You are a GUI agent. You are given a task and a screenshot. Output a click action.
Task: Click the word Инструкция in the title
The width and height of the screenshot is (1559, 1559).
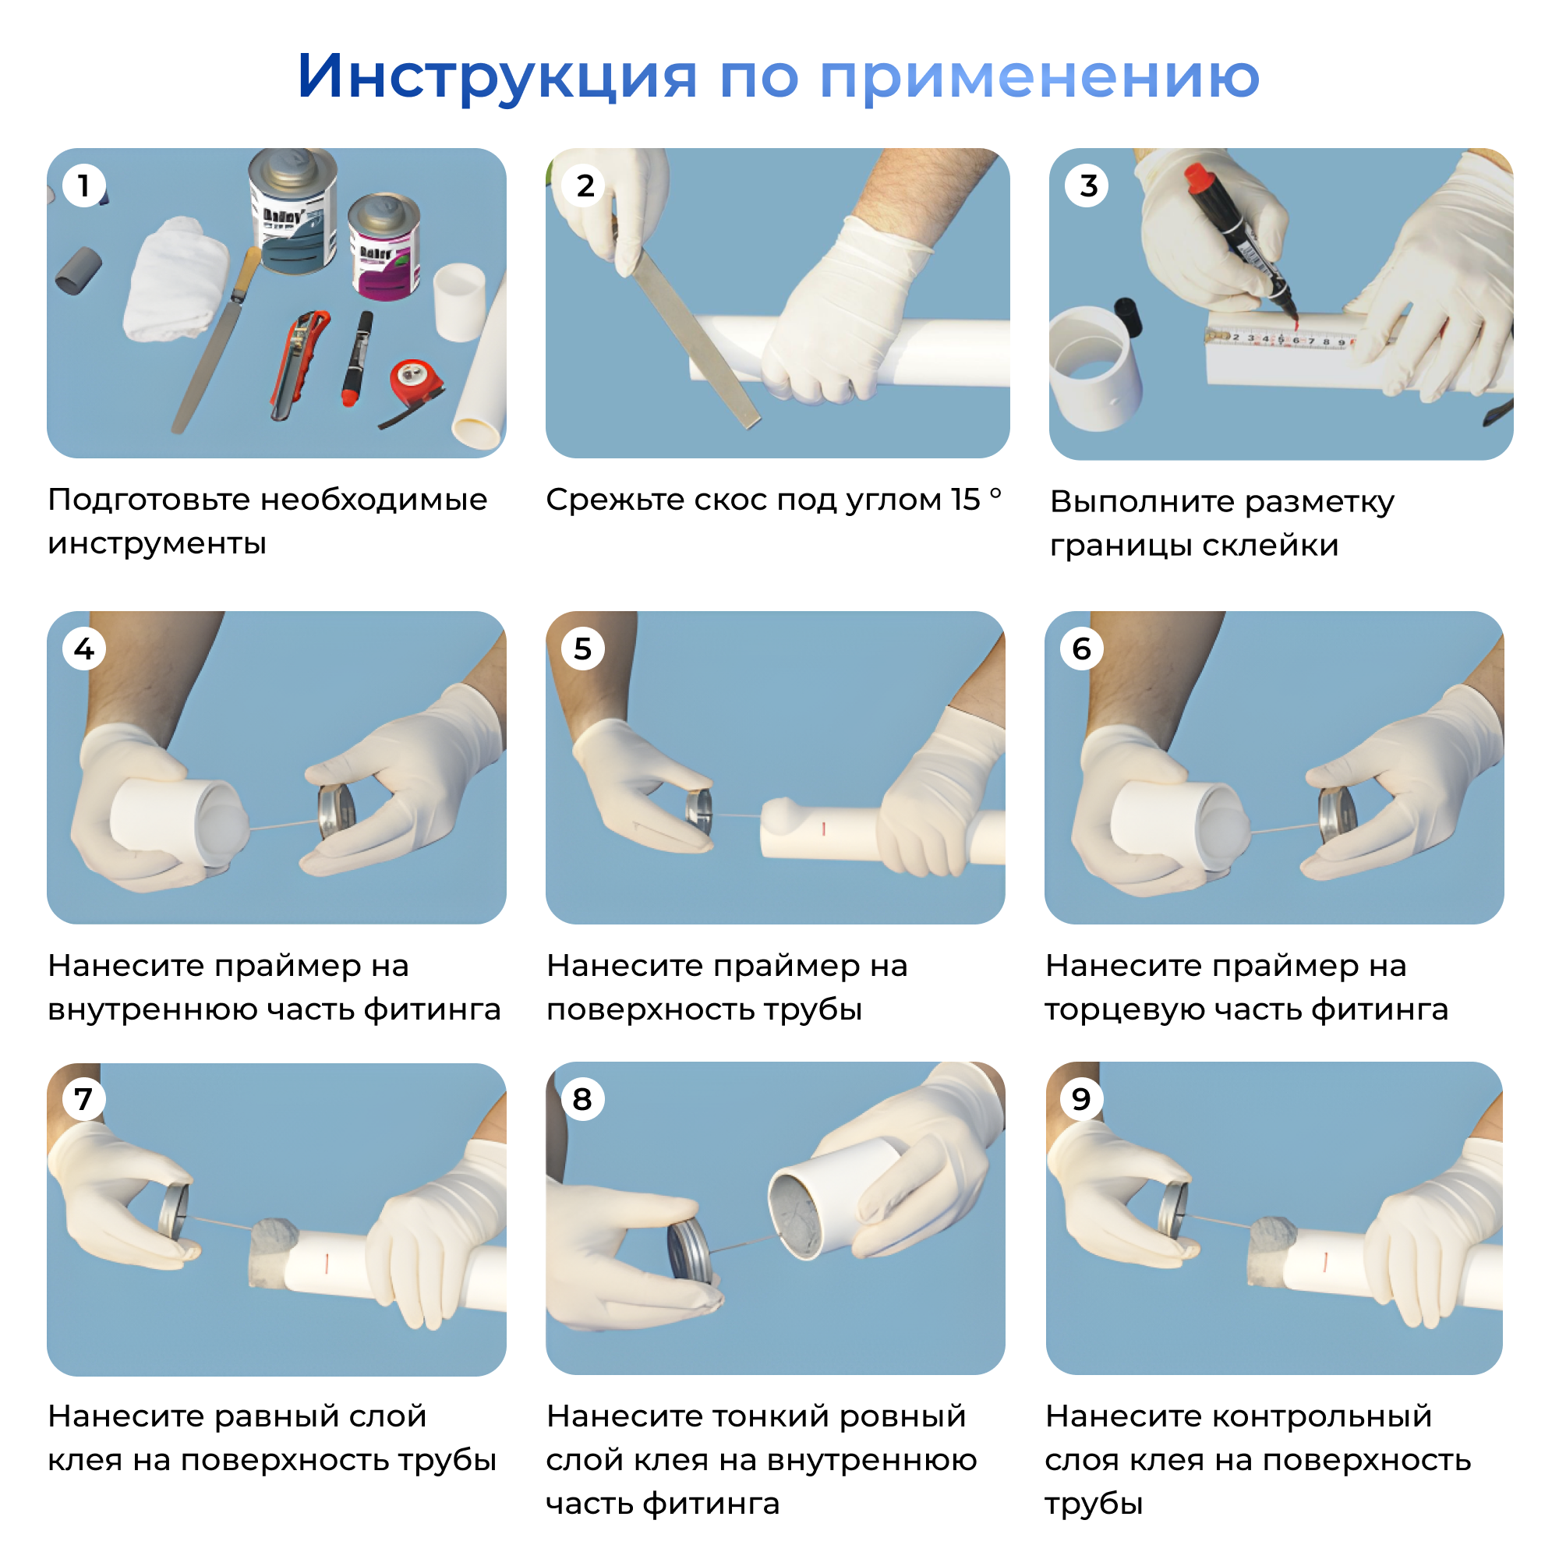(497, 76)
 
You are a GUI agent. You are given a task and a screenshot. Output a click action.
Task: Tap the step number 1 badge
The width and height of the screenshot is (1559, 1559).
(83, 186)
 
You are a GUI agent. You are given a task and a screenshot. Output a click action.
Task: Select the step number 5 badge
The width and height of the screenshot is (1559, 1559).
(582, 649)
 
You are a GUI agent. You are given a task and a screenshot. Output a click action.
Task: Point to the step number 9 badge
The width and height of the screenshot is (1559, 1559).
(1081, 1099)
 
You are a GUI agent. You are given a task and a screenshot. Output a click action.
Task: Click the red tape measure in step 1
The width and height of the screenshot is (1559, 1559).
(413, 380)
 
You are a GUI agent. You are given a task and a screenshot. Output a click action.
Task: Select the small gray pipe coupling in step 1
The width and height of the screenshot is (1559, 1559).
(78, 271)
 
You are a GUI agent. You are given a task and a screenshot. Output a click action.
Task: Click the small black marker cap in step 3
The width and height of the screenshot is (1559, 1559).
(1128, 316)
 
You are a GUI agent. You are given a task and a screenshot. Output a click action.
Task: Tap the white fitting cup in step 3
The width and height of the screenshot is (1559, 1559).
(1096, 368)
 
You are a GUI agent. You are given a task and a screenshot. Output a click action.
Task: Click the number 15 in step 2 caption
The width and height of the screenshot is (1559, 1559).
(964, 500)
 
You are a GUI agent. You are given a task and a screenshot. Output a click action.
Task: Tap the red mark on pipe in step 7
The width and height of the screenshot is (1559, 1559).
(327, 1264)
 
